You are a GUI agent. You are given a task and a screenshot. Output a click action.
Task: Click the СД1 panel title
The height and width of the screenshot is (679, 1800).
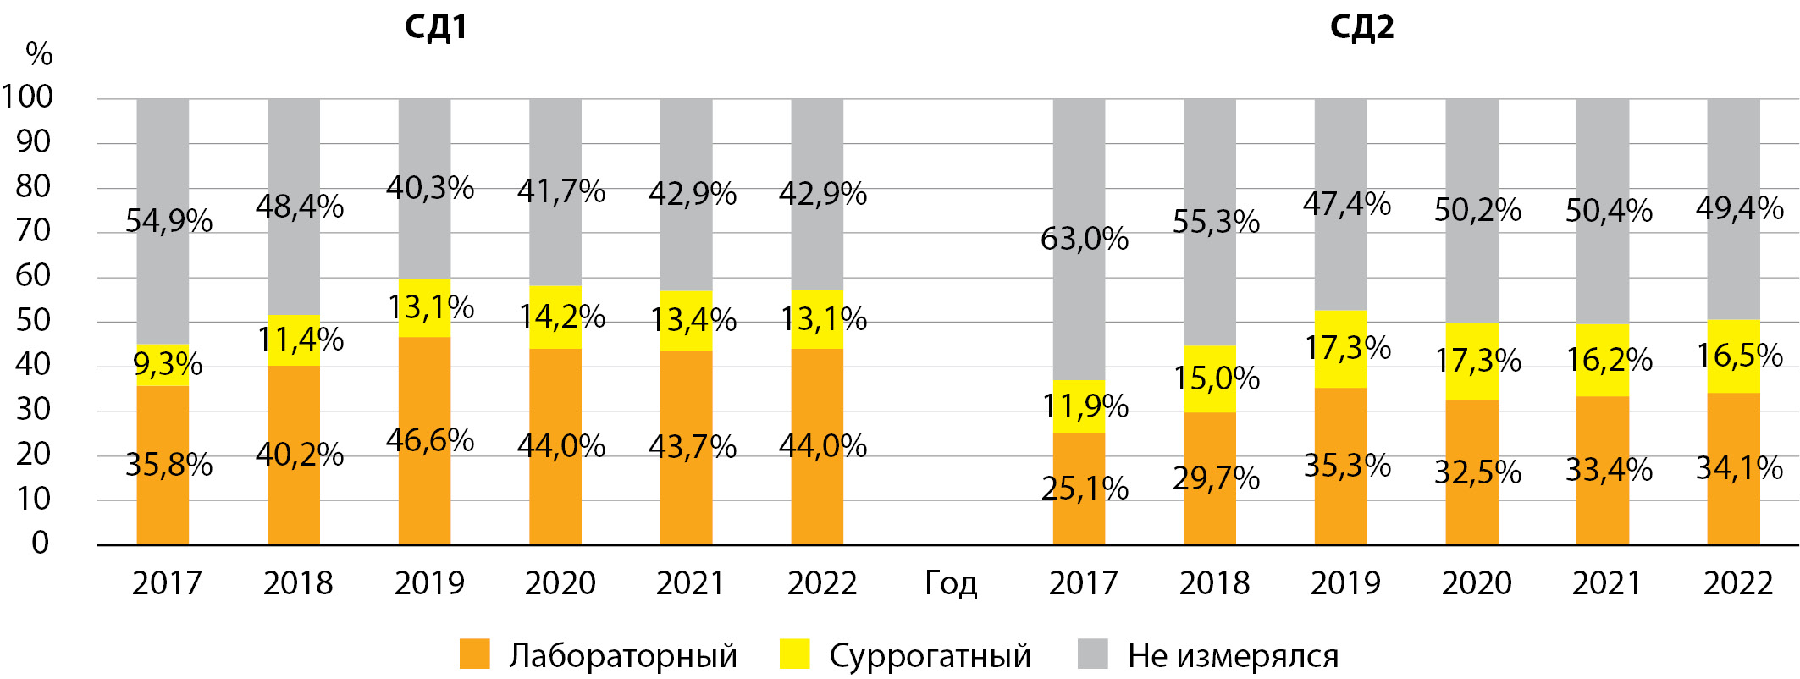(x=435, y=28)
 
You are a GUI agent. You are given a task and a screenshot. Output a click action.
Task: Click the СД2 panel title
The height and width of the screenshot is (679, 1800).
(x=1361, y=28)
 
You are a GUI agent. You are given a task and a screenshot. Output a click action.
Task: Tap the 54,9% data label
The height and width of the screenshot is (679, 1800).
(x=168, y=222)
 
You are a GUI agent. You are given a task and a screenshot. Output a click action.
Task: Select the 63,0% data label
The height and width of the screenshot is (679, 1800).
(x=1085, y=240)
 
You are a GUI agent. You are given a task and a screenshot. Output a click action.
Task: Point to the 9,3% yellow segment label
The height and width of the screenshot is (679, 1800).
(x=168, y=364)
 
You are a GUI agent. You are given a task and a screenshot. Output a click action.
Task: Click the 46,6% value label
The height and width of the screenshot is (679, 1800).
(x=430, y=440)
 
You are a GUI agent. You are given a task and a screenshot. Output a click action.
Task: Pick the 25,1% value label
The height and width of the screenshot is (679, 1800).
(x=1085, y=489)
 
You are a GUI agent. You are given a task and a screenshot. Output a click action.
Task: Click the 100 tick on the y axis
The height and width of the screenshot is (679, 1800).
(x=27, y=97)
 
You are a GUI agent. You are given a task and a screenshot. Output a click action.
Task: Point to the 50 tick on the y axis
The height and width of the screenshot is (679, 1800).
(x=34, y=320)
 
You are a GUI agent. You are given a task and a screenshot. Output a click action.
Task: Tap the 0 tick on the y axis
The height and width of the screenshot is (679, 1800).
(x=41, y=543)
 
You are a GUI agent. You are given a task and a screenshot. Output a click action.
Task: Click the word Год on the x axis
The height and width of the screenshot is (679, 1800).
(x=951, y=583)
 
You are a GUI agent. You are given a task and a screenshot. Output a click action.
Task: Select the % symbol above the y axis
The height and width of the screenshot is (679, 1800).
(x=39, y=55)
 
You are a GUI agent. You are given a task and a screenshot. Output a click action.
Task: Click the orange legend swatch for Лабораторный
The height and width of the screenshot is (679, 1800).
(x=474, y=654)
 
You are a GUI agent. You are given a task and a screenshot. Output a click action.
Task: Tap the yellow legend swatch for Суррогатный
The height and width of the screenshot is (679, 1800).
(x=794, y=654)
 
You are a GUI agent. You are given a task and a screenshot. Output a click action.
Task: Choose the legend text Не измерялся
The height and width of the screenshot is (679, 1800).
(x=1233, y=656)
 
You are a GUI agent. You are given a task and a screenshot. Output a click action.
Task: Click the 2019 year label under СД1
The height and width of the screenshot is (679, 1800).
(x=429, y=583)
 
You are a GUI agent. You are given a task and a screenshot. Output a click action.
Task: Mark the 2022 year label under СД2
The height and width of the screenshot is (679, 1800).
(x=1738, y=583)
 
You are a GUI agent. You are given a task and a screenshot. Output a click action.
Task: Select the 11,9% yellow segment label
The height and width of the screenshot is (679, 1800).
(x=1085, y=407)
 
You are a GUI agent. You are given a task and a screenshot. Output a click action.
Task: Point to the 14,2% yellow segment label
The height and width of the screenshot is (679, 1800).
(x=561, y=317)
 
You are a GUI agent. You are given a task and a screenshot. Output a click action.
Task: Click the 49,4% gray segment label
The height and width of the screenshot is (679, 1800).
(x=1739, y=208)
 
